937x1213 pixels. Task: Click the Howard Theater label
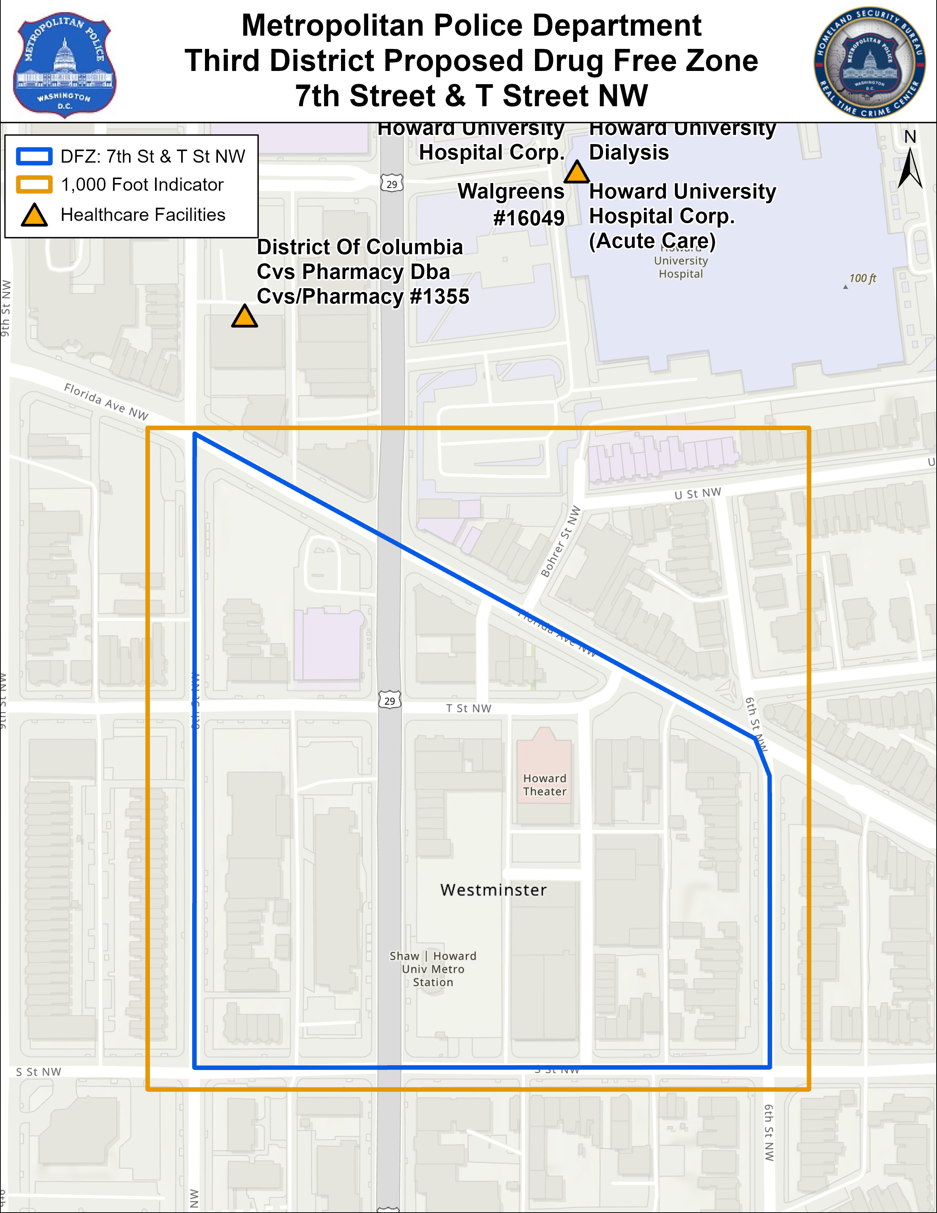point(545,785)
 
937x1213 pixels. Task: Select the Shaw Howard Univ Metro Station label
point(433,969)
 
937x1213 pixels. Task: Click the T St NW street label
point(468,708)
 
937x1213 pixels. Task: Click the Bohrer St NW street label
point(561,541)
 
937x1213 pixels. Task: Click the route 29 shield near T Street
point(389,701)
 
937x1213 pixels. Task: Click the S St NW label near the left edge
point(38,1072)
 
